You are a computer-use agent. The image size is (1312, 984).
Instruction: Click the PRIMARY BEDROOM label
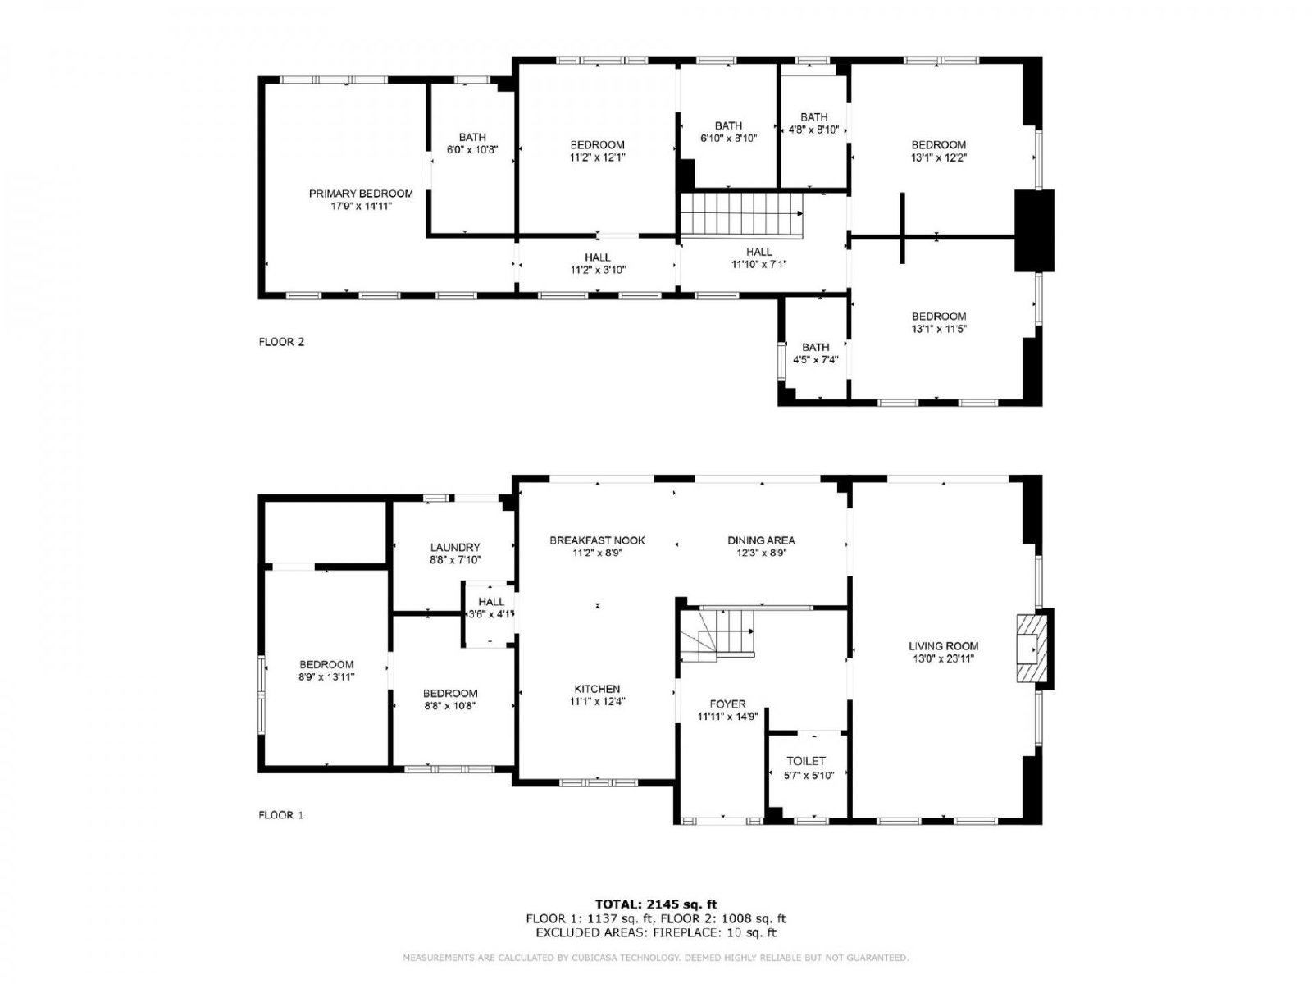[x=361, y=194]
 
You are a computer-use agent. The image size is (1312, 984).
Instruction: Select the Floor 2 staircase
[x=742, y=215]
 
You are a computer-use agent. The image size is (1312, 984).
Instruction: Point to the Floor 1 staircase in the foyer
[x=717, y=635]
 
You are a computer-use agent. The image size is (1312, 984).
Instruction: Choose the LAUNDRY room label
[x=455, y=547]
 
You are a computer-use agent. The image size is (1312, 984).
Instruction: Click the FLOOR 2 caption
[x=281, y=342]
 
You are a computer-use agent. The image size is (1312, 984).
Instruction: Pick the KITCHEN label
[x=597, y=689]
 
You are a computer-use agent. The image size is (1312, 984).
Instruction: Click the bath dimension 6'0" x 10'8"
[x=472, y=150]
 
